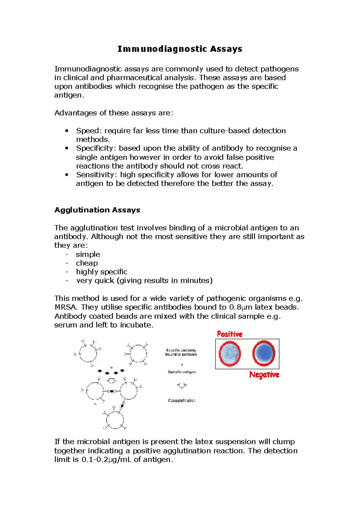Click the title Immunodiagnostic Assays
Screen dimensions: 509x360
pos(180,49)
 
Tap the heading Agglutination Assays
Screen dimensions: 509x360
pos(97,210)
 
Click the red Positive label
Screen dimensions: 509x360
pos(229,334)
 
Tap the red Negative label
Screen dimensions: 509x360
pos(264,375)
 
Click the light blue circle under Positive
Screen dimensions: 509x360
pos(230,354)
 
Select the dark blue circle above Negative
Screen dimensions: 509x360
pos(264,353)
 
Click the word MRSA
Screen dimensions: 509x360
pos(66,307)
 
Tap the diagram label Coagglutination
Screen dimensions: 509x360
pos(181,400)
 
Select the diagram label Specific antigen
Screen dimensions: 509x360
pos(182,372)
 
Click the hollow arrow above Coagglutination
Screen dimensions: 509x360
pos(182,385)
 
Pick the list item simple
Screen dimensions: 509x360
pos(88,255)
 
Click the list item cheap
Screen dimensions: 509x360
pos(87,263)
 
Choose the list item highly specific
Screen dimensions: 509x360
pos(102,272)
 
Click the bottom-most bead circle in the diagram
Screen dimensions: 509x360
pos(115,420)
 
